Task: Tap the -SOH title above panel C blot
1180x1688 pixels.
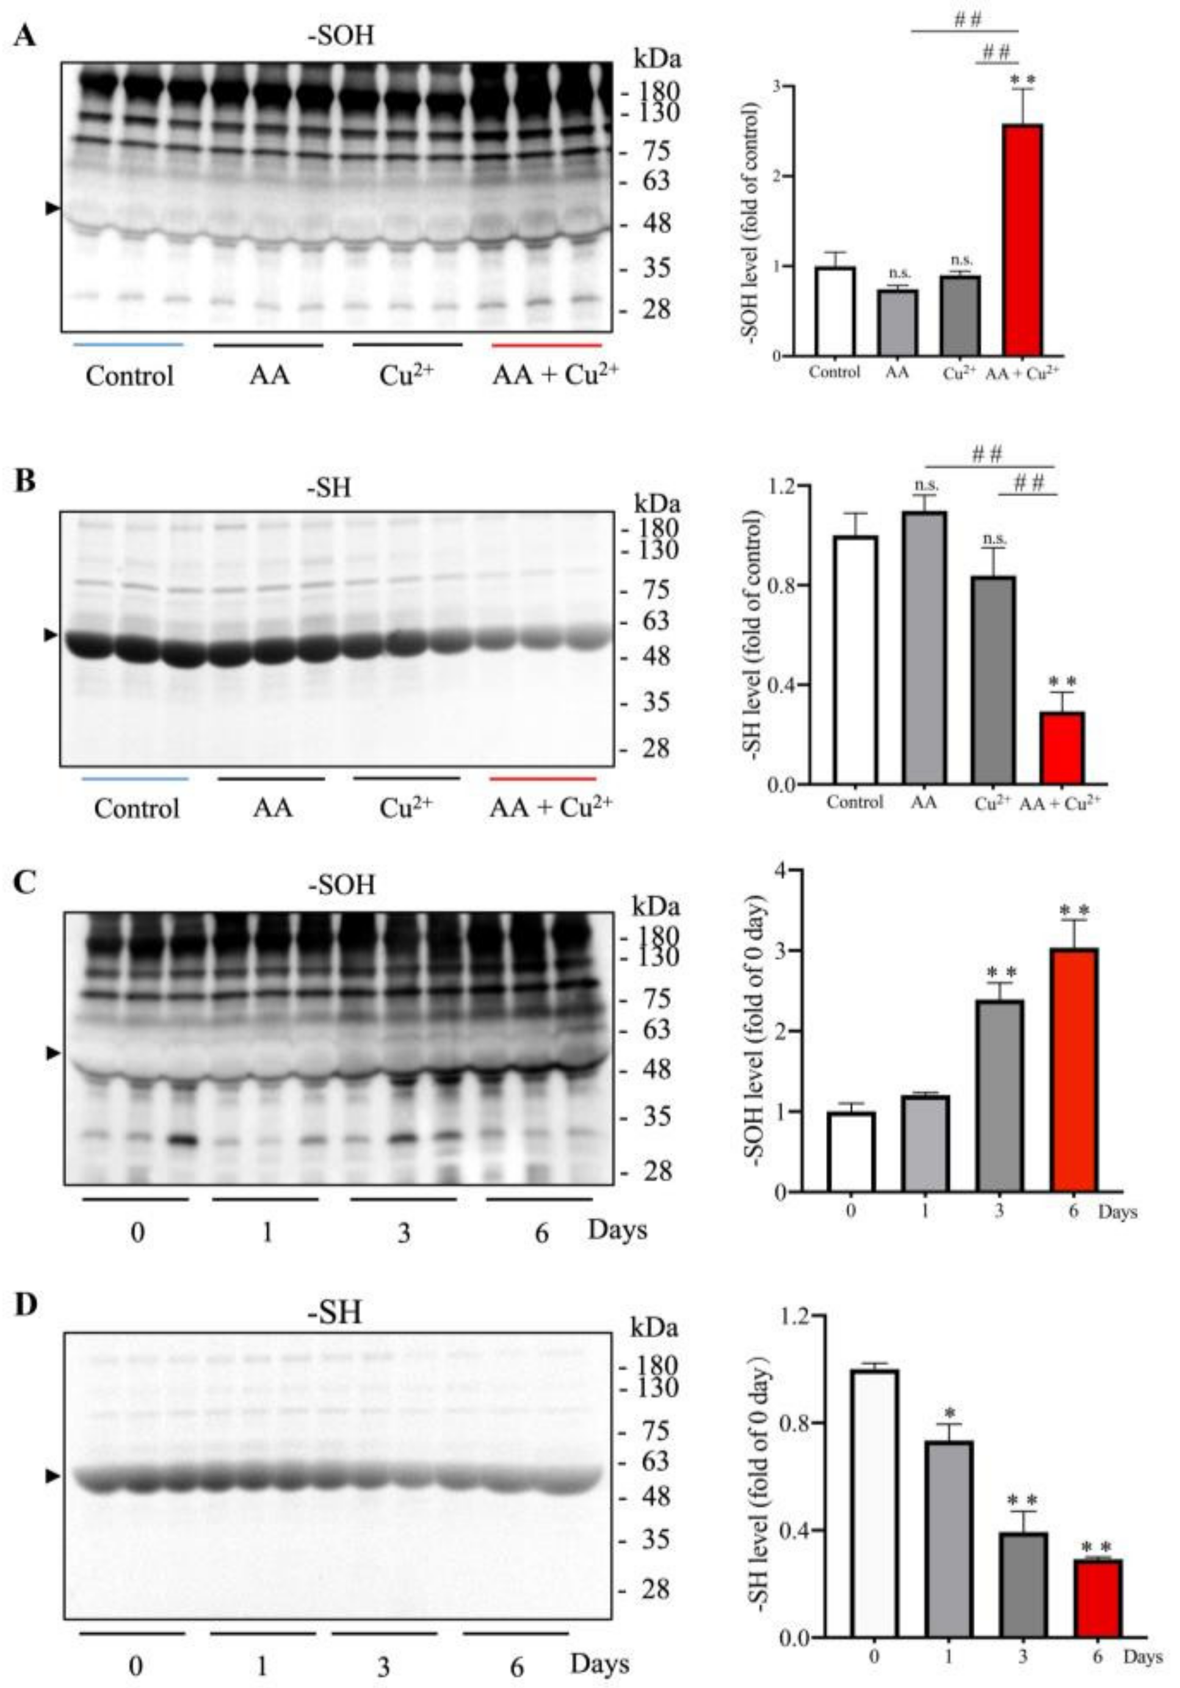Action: [x=341, y=884]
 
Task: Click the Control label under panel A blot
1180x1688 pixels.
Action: [x=129, y=376]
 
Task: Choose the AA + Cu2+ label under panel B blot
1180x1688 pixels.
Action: [x=551, y=807]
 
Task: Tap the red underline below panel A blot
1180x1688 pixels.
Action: [x=546, y=344]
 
